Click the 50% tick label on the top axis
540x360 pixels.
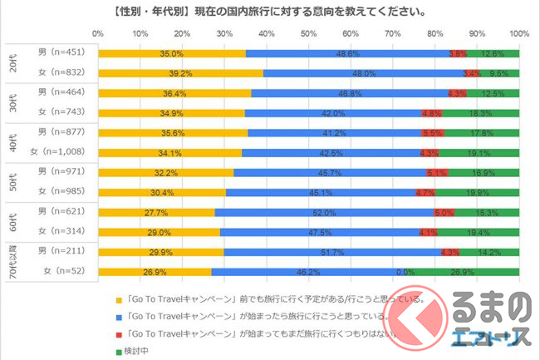coord(308,34)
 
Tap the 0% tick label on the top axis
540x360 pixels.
coord(98,34)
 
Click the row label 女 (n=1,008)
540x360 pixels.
coord(56,152)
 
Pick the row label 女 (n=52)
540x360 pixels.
coord(66,271)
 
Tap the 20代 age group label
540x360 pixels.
coord(11,63)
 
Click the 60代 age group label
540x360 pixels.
coord(11,221)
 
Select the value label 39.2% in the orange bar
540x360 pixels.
coord(180,73)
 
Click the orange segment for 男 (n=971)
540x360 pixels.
coord(165,172)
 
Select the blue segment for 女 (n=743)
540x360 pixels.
coord(332,113)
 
